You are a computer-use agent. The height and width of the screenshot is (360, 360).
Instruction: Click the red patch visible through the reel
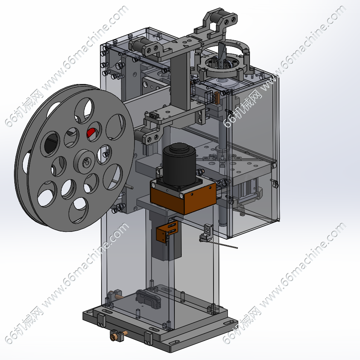(x=91, y=133)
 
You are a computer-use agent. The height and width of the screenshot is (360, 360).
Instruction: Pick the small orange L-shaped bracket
(x=166, y=231)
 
